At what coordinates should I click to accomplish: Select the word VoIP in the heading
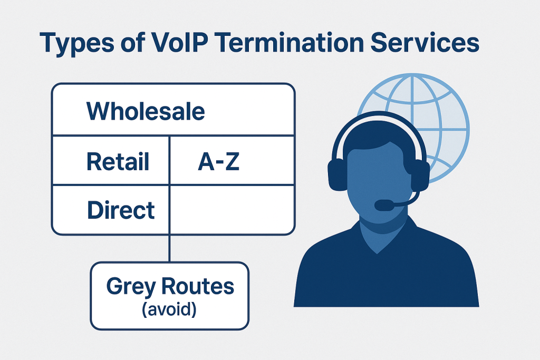[181, 42]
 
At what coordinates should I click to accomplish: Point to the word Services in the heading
[425, 42]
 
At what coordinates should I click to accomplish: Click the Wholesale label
[146, 111]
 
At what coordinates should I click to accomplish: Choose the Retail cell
[111, 161]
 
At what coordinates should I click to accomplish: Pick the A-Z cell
[232, 161]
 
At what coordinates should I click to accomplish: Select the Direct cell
[111, 210]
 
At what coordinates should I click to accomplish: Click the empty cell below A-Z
[232, 210]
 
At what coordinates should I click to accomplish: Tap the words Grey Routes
[170, 286]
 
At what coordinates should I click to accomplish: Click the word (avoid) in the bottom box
[169, 309]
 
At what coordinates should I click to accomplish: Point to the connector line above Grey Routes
[169, 248]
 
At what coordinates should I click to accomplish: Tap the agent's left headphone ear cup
[337, 174]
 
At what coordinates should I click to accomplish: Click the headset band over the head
[379, 115]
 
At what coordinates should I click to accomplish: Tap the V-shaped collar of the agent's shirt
[378, 238]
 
